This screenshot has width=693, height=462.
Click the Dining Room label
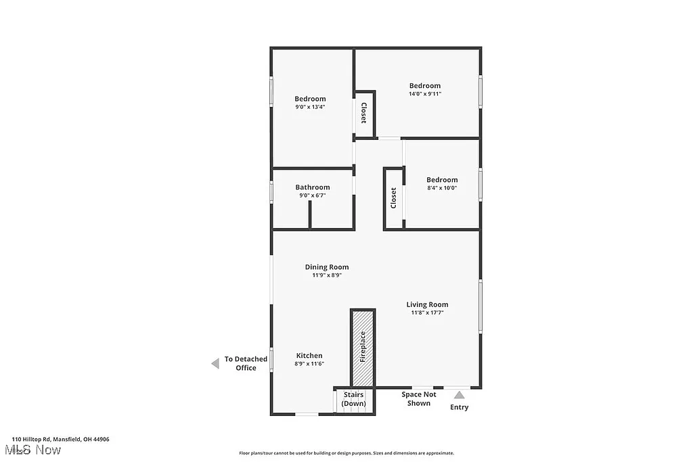[326, 267]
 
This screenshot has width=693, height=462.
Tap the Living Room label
[427, 304]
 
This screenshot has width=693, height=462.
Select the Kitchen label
[309, 356]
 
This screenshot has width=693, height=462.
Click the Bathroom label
[313, 187]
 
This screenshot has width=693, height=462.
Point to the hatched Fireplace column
[363, 347]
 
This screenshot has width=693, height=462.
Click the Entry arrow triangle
[460, 394]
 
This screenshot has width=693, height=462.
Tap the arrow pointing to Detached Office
[215, 363]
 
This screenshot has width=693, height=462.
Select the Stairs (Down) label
[353, 399]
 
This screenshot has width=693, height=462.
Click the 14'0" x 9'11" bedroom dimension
[425, 94]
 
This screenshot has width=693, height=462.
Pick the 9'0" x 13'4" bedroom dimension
[310, 107]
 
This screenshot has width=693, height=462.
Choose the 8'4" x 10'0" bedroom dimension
[442, 188]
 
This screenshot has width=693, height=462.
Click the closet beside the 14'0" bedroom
[364, 113]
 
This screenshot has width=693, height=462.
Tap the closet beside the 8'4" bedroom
[394, 198]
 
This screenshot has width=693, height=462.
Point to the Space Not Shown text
[419, 398]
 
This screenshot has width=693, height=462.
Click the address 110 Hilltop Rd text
[60, 439]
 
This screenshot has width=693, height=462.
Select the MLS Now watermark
[32, 450]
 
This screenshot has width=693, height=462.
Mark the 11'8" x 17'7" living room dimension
[427, 313]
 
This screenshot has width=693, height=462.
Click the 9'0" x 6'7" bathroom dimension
[313, 195]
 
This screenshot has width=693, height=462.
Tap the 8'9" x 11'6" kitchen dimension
[309, 364]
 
